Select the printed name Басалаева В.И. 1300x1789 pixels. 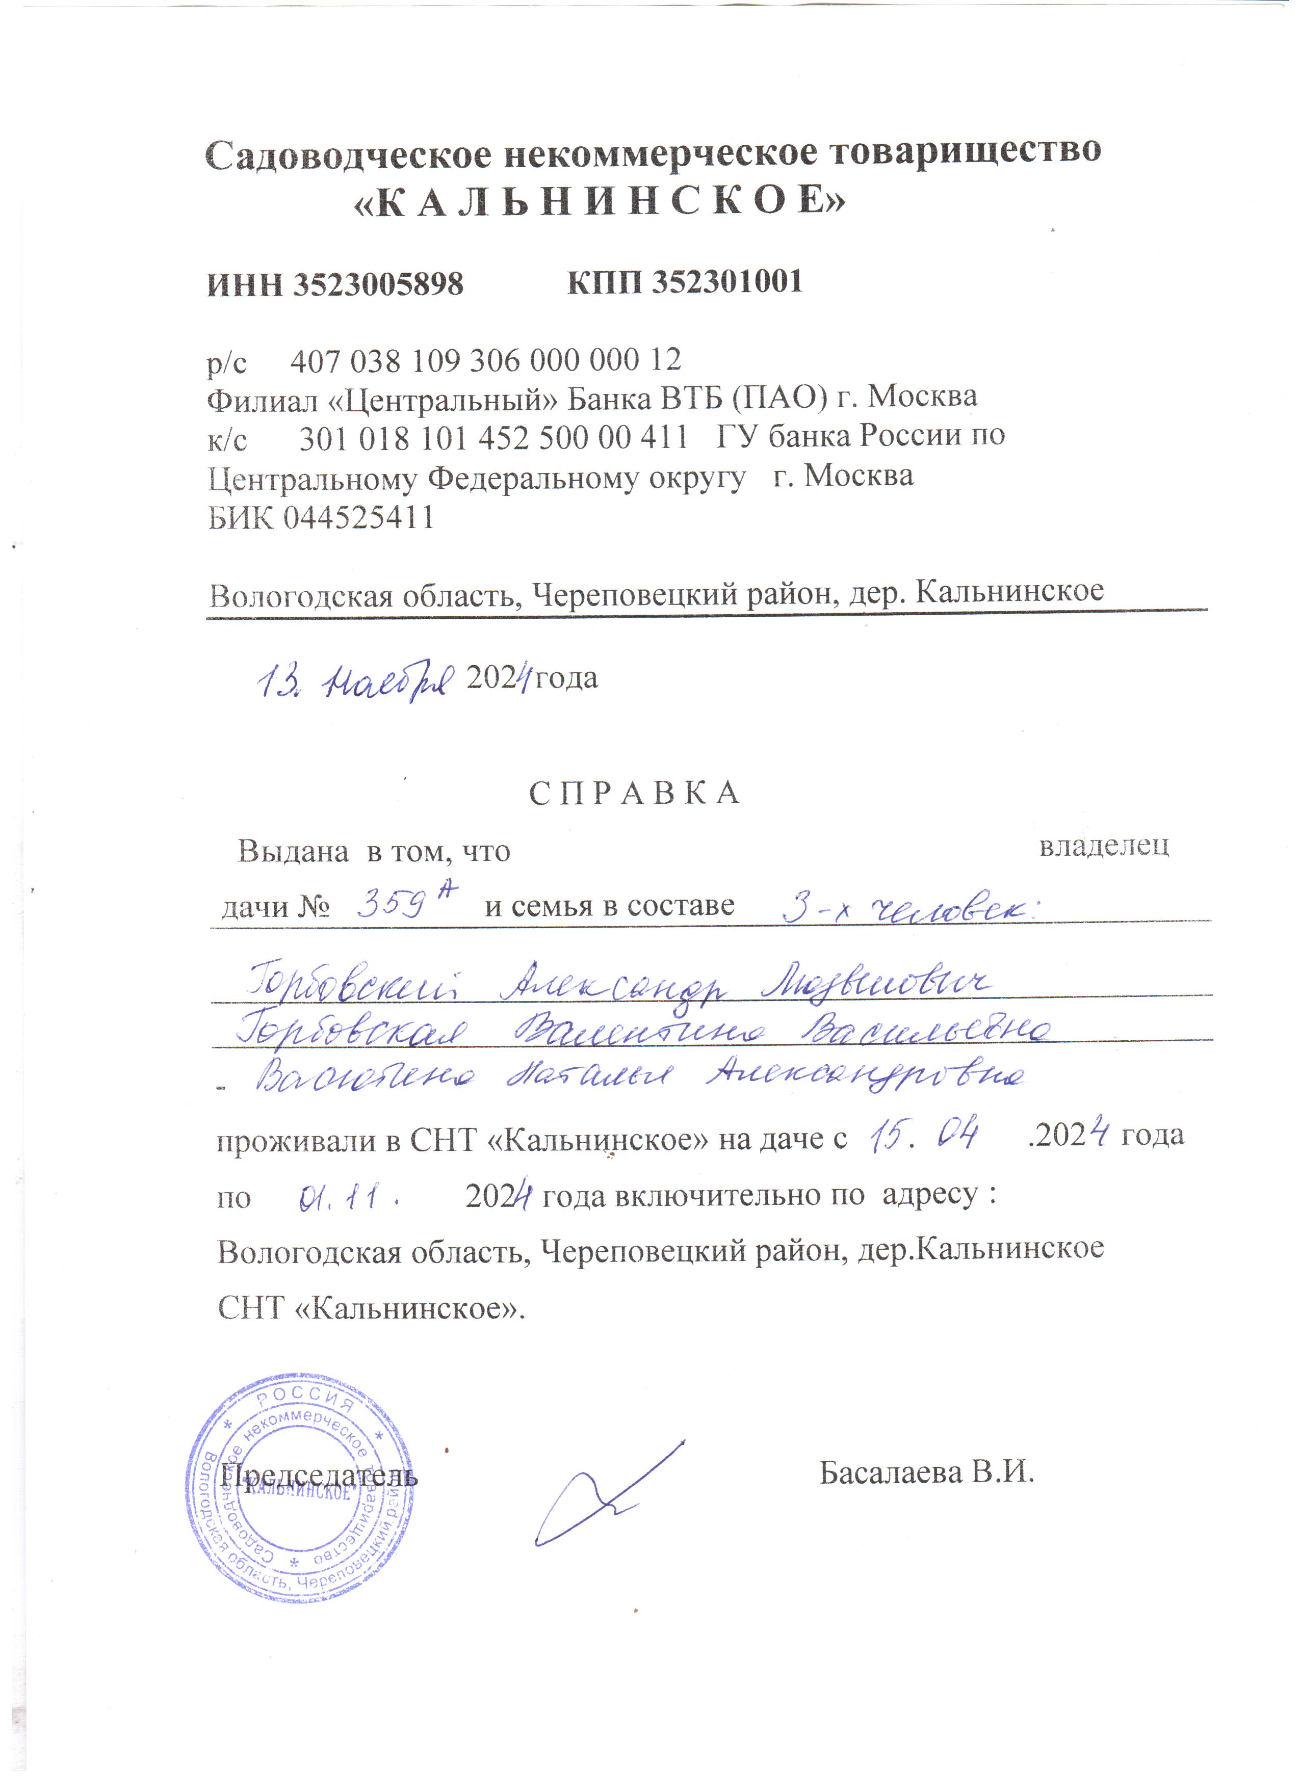926,1472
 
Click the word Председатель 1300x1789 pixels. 320,1474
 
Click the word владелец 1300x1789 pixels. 1104,847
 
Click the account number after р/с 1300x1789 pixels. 486,360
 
